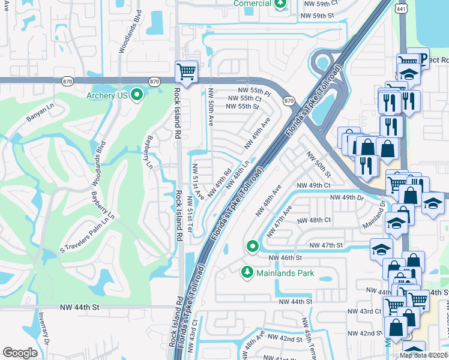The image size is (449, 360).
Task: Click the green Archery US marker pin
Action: pos(137,95)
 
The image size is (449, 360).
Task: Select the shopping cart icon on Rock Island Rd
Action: pos(186,73)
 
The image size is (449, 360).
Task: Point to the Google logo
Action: pos(20,353)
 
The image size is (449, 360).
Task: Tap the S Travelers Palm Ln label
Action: pos(86,232)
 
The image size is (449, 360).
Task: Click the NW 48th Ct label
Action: pos(314,220)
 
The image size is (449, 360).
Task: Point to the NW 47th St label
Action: pos(326,245)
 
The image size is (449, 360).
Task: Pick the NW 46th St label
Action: pos(285,257)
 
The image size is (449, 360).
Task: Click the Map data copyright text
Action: pos(423,355)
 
